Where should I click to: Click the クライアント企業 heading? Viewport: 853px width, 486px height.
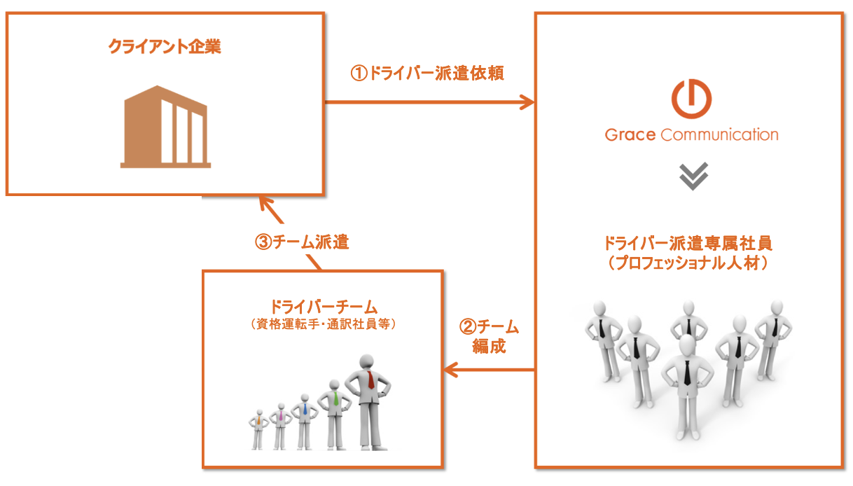pos(165,47)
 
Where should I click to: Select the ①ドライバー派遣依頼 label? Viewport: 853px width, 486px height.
pos(427,73)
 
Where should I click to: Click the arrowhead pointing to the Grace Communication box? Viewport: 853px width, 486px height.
pos(527,103)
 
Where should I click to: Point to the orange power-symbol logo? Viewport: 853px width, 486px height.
pos(691,99)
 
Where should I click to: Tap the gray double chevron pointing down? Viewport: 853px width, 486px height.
pos(693,176)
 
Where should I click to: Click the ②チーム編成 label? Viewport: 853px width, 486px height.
pos(489,336)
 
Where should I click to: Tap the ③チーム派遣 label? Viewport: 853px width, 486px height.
pos(301,242)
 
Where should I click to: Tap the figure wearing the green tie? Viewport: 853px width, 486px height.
pos(333,415)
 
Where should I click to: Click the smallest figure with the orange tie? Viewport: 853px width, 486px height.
pos(258,429)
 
